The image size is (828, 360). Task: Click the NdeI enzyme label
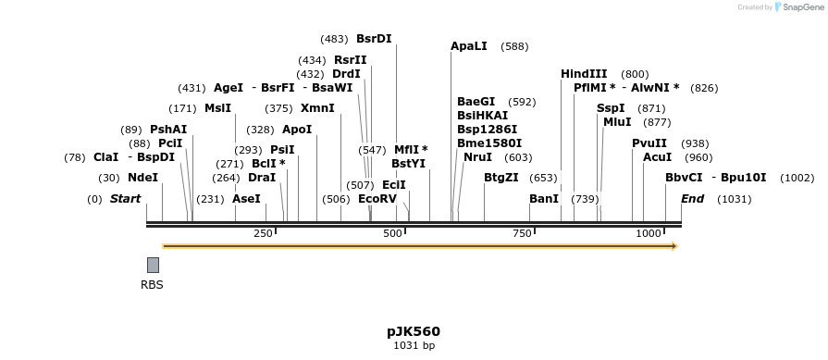142,178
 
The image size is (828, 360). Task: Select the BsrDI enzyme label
374,39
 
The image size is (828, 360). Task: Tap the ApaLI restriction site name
468,46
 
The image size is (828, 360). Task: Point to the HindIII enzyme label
584,74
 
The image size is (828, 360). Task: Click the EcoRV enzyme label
377,199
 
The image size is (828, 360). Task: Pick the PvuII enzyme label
649,143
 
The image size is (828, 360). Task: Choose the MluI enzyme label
617,122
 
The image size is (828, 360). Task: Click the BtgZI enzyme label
501,178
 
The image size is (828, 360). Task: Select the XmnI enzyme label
317,108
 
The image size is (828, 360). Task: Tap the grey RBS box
153,265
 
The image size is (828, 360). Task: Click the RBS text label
152,285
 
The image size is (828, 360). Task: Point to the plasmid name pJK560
414,331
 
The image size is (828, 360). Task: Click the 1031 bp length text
414,346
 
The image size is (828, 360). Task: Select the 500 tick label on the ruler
392,233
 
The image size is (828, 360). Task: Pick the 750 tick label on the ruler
522,233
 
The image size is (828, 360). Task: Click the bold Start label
125,199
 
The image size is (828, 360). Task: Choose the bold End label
692,199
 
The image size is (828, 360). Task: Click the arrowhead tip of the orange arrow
675,246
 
